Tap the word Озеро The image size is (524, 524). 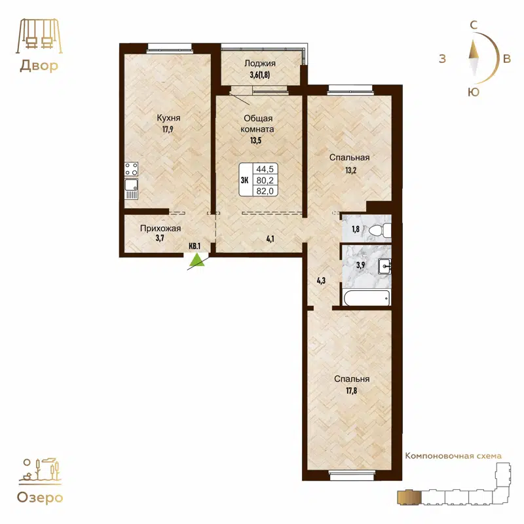coord(41,498)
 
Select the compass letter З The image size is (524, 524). coord(443,59)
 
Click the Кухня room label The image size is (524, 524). coord(168,118)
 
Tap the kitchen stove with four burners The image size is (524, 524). coord(131,169)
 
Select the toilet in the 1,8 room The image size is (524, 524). coord(379,230)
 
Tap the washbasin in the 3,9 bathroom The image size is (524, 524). coord(385,265)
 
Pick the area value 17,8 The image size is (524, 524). coord(352,391)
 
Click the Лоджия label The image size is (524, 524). coord(260,64)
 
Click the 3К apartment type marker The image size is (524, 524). coord(244,179)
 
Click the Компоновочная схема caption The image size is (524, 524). coord(453,455)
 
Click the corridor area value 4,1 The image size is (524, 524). coord(269,239)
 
